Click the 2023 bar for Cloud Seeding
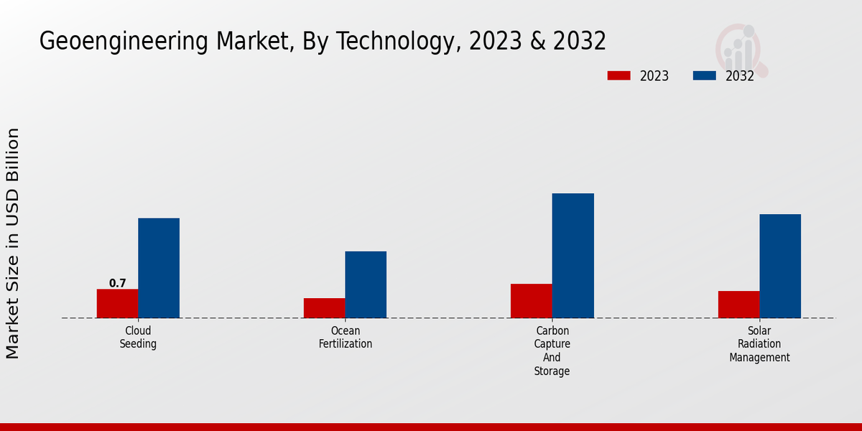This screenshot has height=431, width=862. pyautogui.click(x=117, y=303)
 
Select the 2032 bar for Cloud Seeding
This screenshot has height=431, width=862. pyautogui.click(x=159, y=268)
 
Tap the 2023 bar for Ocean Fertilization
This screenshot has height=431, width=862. pyautogui.click(x=324, y=308)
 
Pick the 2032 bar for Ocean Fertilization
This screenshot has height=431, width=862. pyautogui.click(x=366, y=284)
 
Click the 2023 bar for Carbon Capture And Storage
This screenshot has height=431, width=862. pyautogui.click(x=532, y=301)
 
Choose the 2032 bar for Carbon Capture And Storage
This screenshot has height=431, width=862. pyautogui.click(x=573, y=256)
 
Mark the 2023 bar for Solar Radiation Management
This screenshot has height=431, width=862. pyautogui.click(x=738, y=305)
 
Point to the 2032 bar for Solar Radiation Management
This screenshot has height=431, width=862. pyautogui.click(x=780, y=266)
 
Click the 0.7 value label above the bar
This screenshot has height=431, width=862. pyautogui.click(x=117, y=284)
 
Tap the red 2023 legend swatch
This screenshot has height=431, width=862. pyautogui.click(x=618, y=75)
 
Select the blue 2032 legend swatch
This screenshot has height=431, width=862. pyautogui.click(x=704, y=75)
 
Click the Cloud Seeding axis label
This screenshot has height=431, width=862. pyautogui.click(x=138, y=338)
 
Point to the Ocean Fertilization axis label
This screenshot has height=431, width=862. pyautogui.click(x=346, y=338)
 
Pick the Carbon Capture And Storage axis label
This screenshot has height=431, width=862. pyautogui.click(x=552, y=351)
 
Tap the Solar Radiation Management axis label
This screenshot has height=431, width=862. pyautogui.click(x=759, y=344)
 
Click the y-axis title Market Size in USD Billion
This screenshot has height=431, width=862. pyautogui.click(x=13, y=243)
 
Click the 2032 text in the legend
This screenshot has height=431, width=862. pyautogui.click(x=739, y=76)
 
